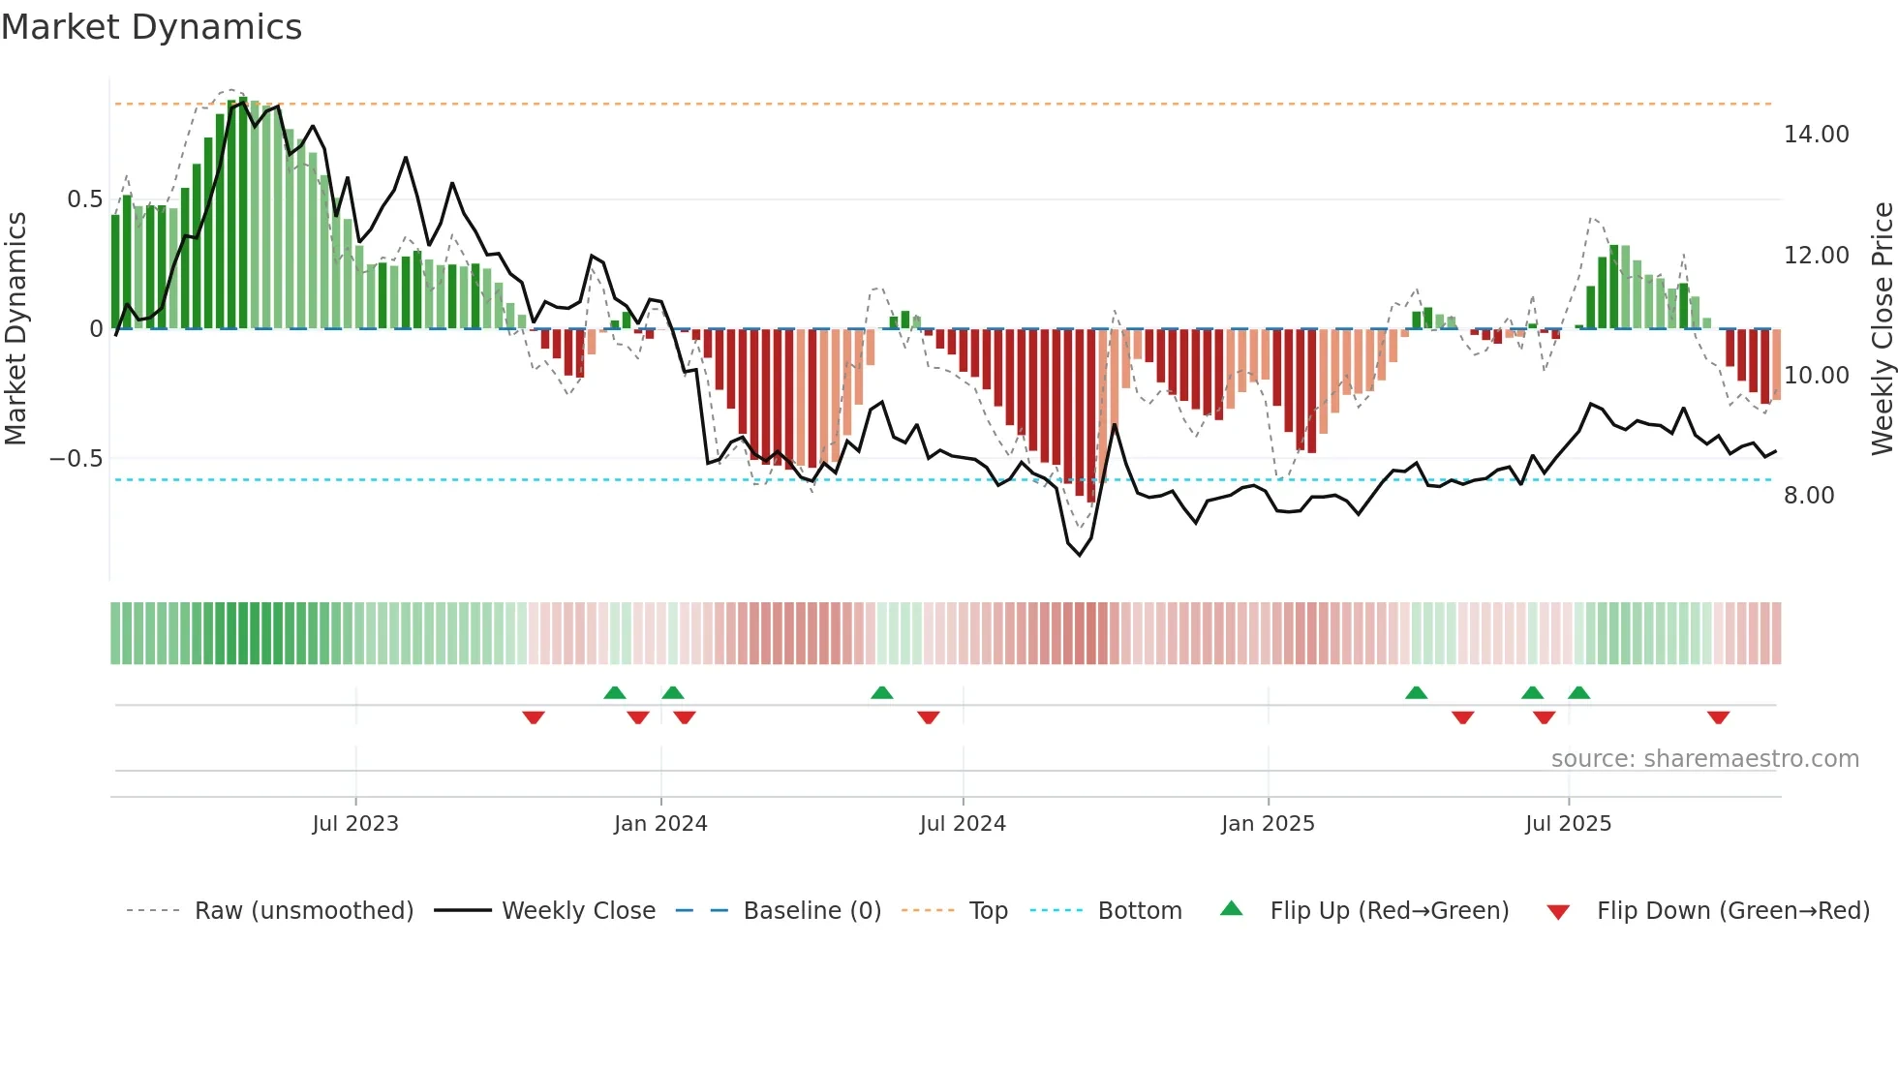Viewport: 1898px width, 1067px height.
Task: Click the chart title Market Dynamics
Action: pos(151,27)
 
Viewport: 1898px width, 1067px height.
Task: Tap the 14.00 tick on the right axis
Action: pos(1816,135)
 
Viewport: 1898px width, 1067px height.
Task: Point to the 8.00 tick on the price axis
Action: pos(1809,496)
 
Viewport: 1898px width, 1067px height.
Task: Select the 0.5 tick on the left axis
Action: pos(84,199)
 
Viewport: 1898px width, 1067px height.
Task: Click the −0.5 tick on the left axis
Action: pos(77,459)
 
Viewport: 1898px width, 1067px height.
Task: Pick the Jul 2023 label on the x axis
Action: pos(355,824)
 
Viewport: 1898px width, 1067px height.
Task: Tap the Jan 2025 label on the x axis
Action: pos(1268,824)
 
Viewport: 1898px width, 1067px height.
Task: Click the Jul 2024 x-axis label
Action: pos(963,824)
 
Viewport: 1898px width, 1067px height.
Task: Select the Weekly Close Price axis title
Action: pos(1882,328)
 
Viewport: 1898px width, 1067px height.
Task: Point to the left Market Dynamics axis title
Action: pos(15,328)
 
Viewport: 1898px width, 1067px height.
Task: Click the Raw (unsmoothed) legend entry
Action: pos(303,911)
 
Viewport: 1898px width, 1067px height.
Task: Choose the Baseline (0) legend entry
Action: pos(811,911)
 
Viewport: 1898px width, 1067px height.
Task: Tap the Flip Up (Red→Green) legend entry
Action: pos(1389,911)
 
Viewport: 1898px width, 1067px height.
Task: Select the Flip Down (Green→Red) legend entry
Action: pos(1732,911)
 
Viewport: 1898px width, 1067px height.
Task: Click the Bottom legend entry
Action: pos(1139,911)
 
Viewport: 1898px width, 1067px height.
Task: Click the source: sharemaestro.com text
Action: pos(1704,759)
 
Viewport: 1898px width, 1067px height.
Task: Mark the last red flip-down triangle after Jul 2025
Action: pos(1718,717)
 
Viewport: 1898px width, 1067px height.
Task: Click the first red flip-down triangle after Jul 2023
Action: pos(534,717)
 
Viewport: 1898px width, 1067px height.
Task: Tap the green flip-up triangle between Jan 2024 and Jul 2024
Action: pos(881,692)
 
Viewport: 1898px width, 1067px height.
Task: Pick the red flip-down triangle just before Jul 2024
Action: pos(928,717)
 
